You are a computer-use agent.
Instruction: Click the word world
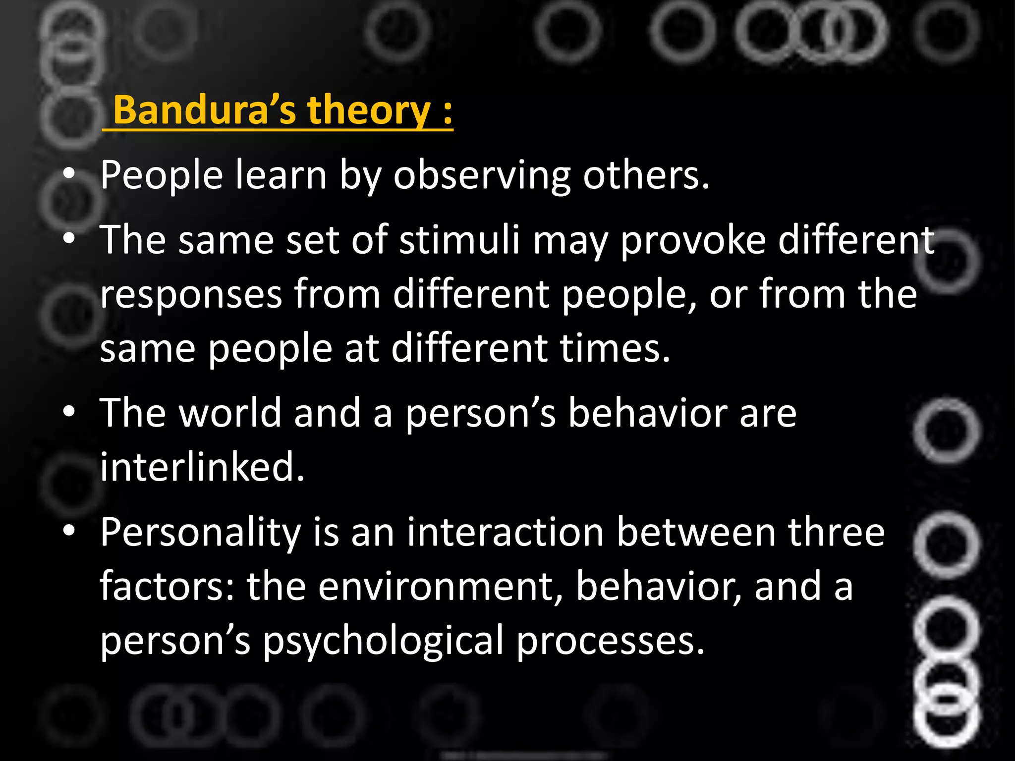click(230, 413)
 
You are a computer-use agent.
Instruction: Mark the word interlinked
click(202, 467)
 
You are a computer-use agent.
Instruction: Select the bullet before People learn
click(69, 174)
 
